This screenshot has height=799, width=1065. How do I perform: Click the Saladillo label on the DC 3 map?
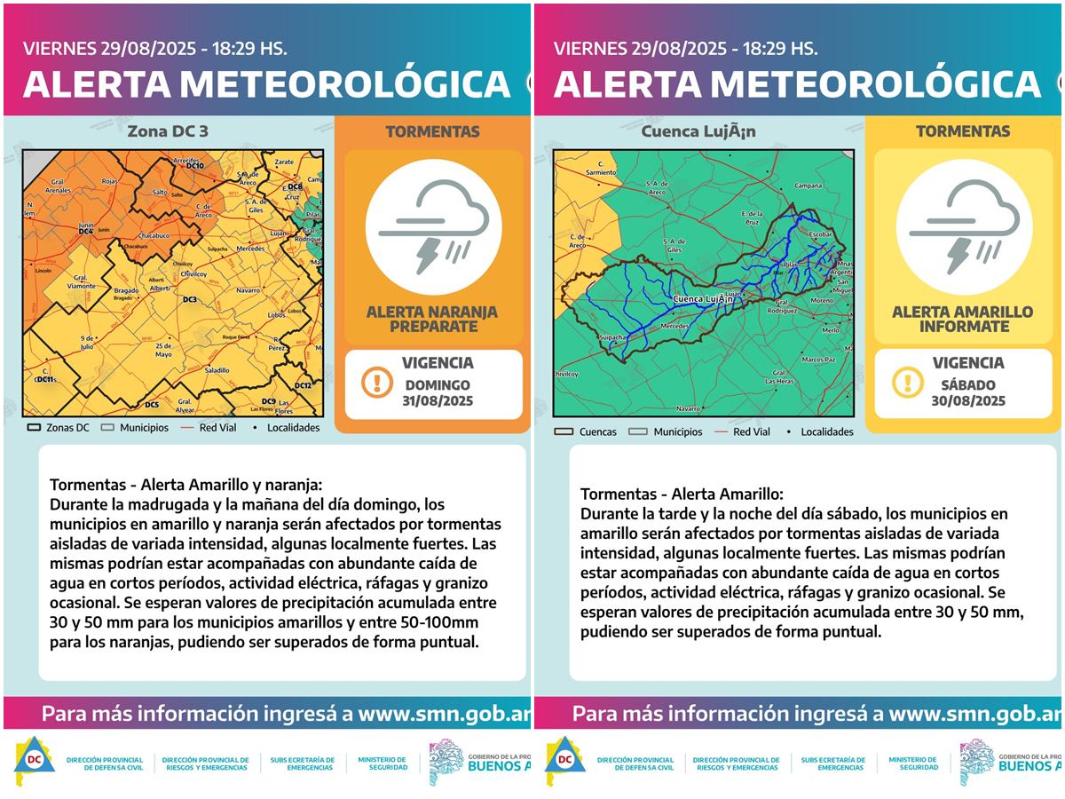point(217,369)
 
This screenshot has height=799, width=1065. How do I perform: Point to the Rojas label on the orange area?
point(110,181)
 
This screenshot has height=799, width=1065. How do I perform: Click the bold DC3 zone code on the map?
point(189,300)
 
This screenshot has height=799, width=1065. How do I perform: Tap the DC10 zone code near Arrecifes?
point(195,166)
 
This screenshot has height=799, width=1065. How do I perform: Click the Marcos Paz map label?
point(817,360)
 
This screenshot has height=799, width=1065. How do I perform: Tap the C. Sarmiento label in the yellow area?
point(607,166)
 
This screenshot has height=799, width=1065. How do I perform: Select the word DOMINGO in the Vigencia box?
point(438,385)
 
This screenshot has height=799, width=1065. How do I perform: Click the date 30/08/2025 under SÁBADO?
point(968,400)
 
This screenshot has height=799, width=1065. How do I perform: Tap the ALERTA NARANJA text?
point(432,312)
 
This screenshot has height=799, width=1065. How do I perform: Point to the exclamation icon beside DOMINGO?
point(377,383)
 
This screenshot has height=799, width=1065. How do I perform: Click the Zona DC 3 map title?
point(169,132)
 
